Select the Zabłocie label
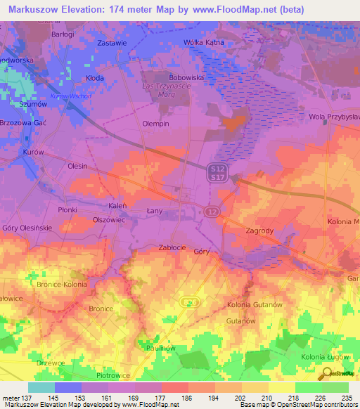click(x=172, y=247)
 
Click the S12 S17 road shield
click(x=217, y=172)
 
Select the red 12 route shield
click(x=210, y=211)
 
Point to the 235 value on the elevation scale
click(x=345, y=397)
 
